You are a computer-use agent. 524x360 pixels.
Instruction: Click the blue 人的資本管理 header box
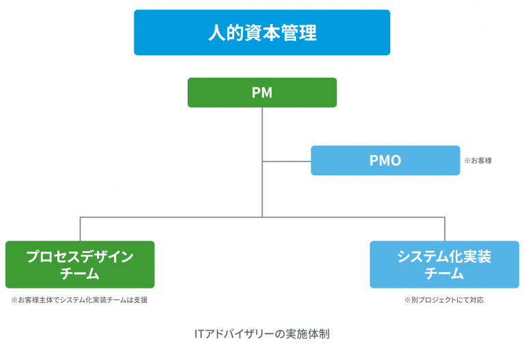coord(262,33)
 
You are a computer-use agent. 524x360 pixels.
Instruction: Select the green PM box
coord(262,93)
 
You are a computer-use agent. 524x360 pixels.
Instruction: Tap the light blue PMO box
coord(385,160)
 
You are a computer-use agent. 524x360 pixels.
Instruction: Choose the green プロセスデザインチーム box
coord(80,265)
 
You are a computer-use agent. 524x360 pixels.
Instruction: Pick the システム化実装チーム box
coord(444,265)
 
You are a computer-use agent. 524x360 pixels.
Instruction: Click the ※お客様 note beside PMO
coord(478,161)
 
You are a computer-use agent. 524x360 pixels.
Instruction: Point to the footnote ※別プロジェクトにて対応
coord(444,300)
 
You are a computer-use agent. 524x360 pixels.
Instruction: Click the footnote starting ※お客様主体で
coord(80,300)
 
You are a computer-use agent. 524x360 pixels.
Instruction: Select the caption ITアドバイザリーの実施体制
coord(262,334)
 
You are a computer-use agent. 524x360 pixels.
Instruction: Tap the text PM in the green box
coord(262,93)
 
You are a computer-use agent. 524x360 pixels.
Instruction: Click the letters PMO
coord(385,160)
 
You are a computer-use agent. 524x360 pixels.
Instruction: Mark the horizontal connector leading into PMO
coord(287,162)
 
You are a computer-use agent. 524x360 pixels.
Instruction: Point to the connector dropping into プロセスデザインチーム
coord(81,229)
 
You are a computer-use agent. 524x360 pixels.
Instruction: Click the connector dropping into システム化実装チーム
coord(445,229)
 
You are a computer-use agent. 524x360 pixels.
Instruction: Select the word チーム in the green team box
coord(80,273)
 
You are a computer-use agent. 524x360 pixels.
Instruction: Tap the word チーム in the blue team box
coord(444,273)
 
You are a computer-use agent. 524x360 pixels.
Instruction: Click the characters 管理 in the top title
coord(299,33)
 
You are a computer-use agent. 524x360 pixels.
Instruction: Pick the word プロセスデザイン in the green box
coord(80,256)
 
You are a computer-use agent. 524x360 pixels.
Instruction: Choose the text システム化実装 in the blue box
coord(444,256)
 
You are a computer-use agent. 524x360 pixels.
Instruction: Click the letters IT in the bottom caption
coord(199,334)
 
